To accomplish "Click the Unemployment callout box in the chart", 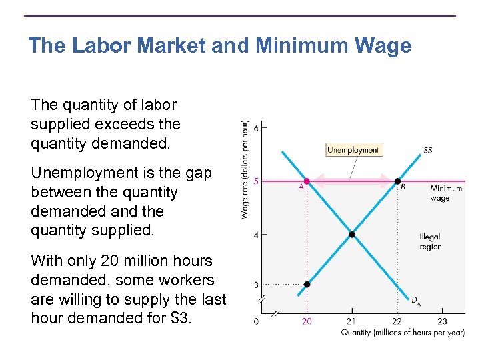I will (353, 150).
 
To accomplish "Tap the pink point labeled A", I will (307, 181).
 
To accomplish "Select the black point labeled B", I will (397, 181).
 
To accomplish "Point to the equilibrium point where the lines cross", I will (352, 234).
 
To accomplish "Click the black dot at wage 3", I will (307, 285).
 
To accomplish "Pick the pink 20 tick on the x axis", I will (307, 321).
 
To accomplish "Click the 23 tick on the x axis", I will (441, 321).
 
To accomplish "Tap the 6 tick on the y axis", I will (255, 126).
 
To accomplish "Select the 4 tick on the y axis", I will (255, 234).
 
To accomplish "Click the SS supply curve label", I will (427, 151).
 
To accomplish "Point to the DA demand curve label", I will (415, 302).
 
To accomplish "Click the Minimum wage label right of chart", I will (445, 193).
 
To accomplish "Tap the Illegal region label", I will (430, 242).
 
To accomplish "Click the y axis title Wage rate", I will (245, 169).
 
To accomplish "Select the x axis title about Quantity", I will (403, 333).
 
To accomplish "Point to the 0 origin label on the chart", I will (257, 321).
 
